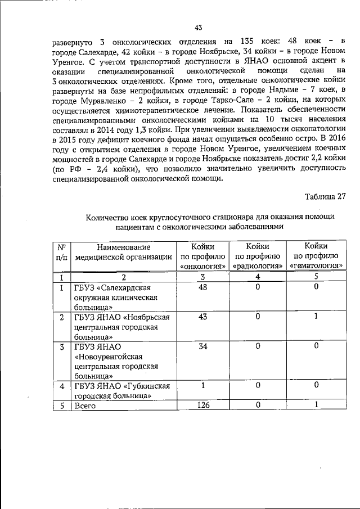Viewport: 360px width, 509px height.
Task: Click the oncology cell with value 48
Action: click(203, 287)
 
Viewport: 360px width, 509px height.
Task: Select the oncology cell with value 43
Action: click(203, 317)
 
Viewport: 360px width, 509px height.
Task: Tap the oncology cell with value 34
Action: click(203, 346)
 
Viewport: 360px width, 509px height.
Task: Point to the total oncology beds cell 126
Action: click(203, 406)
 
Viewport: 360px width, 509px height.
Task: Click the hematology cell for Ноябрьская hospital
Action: click(316, 317)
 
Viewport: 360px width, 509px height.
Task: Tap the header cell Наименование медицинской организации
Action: click(123, 251)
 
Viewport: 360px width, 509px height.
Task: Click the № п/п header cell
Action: click(61, 251)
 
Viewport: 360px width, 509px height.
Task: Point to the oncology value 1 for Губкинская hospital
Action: click(203, 386)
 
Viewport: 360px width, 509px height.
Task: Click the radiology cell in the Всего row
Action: click(258, 406)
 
